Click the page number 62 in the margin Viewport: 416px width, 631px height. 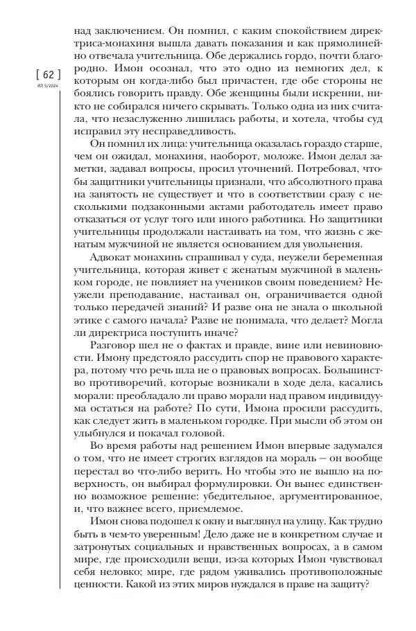pyautogui.click(x=48, y=75)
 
